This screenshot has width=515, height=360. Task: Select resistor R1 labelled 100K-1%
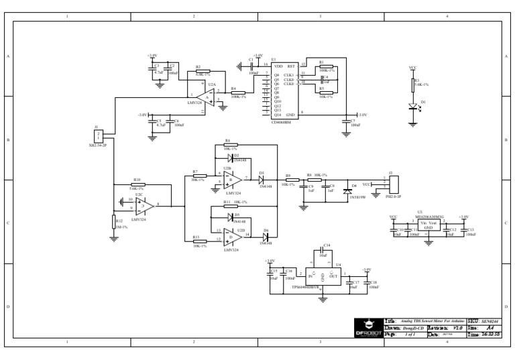coord(327,66)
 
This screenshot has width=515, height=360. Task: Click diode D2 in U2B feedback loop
coord(230,158)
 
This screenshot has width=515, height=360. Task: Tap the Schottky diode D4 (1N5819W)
coord(347,190)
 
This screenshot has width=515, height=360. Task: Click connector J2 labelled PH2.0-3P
coord(393,183)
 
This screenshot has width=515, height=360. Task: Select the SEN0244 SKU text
coord(491,322)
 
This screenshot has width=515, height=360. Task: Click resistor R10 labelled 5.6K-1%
coord(137,185)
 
